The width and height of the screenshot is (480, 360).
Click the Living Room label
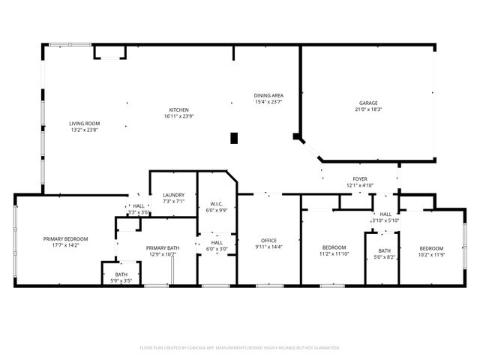(85, 124)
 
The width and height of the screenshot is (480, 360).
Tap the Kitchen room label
(178, 109)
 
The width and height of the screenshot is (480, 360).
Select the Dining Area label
(268, 95)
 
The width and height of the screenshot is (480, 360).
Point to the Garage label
(367, 103)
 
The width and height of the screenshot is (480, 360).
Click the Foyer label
(360, 179)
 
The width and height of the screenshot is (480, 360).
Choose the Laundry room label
(173, 195)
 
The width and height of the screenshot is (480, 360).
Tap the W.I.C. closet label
(217, 204)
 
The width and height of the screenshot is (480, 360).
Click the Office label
(268, 240)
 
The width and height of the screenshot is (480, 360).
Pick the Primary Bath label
(162, 248)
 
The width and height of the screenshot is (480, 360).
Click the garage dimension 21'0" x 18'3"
(367, 109)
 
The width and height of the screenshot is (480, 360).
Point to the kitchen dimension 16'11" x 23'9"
(178, 116)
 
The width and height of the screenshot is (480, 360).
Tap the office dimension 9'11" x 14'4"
(268, 247)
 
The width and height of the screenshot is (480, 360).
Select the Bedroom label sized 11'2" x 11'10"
(334, 247)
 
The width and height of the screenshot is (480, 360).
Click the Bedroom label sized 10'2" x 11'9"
(431, 248)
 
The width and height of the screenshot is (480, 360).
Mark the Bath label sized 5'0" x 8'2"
(384, 250)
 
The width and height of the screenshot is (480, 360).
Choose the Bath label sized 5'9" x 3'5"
(121, 274)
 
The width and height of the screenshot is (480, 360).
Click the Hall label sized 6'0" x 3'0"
(217, 242)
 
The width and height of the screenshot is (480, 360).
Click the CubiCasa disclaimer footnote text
(240, 347)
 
